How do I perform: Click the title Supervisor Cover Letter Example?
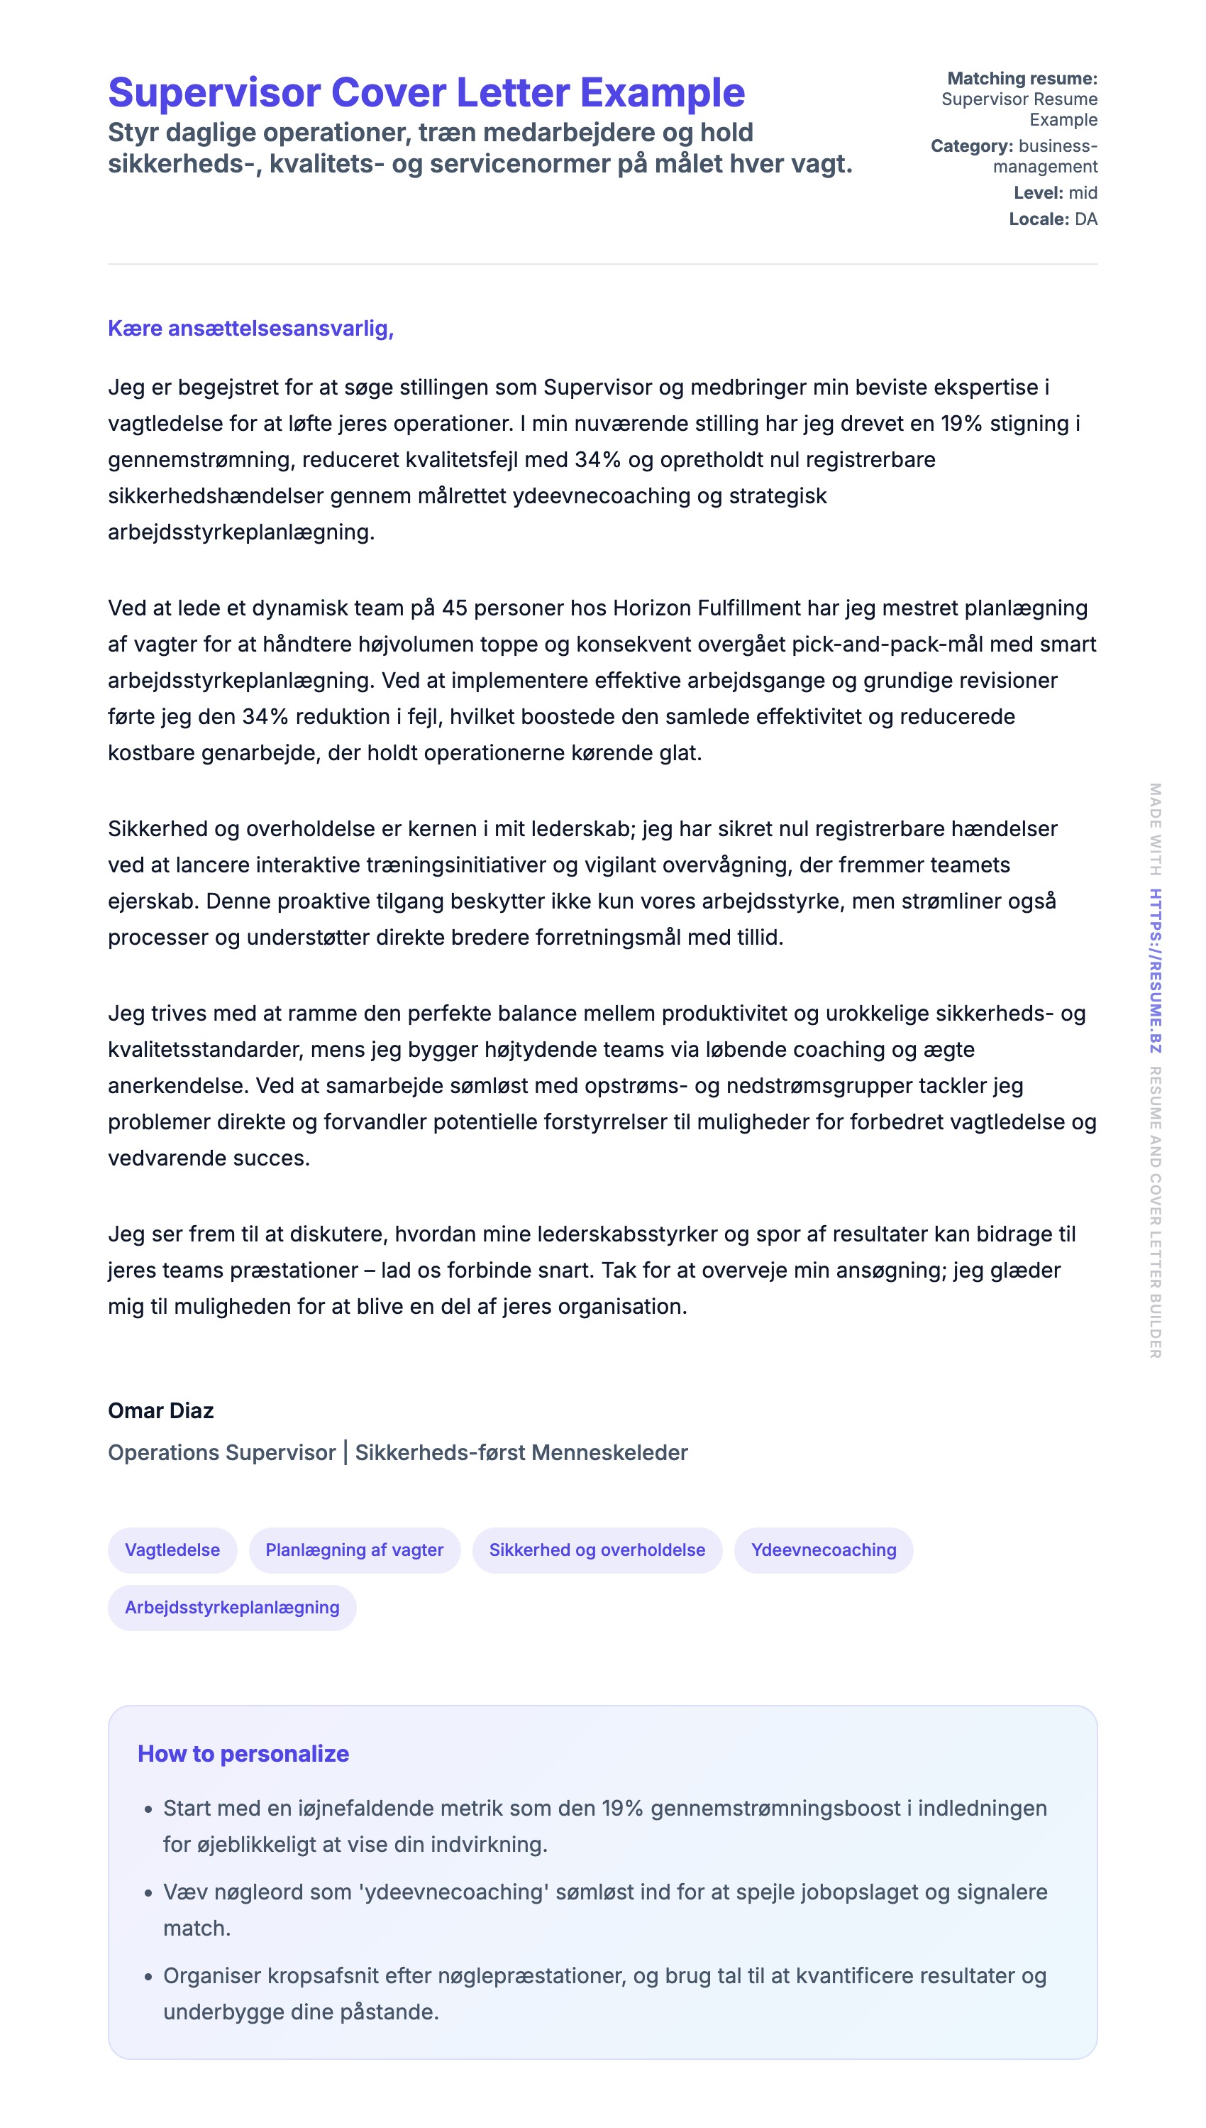point(426,92)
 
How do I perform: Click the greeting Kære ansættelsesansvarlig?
point(250,328)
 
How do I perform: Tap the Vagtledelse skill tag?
point(172,1550)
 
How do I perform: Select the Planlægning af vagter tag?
point(355,1550)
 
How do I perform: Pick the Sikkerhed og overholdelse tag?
point(597,1550)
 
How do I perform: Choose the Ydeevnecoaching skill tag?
point(824,1550)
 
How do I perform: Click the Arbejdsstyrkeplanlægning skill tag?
point(232,1608)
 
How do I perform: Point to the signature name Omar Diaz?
point(161,1410)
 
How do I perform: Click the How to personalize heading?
point(243,1753)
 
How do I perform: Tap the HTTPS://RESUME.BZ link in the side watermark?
point(1156,970)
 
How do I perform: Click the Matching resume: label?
point(1022,79)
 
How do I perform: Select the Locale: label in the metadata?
point(1039,219)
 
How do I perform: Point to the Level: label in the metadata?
point(1039,193)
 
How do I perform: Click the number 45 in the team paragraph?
point(455,608)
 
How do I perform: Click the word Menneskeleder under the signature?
point(609,1453)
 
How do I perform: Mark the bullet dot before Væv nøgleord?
point(148,1894)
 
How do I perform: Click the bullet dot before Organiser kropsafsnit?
point(148,1978)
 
